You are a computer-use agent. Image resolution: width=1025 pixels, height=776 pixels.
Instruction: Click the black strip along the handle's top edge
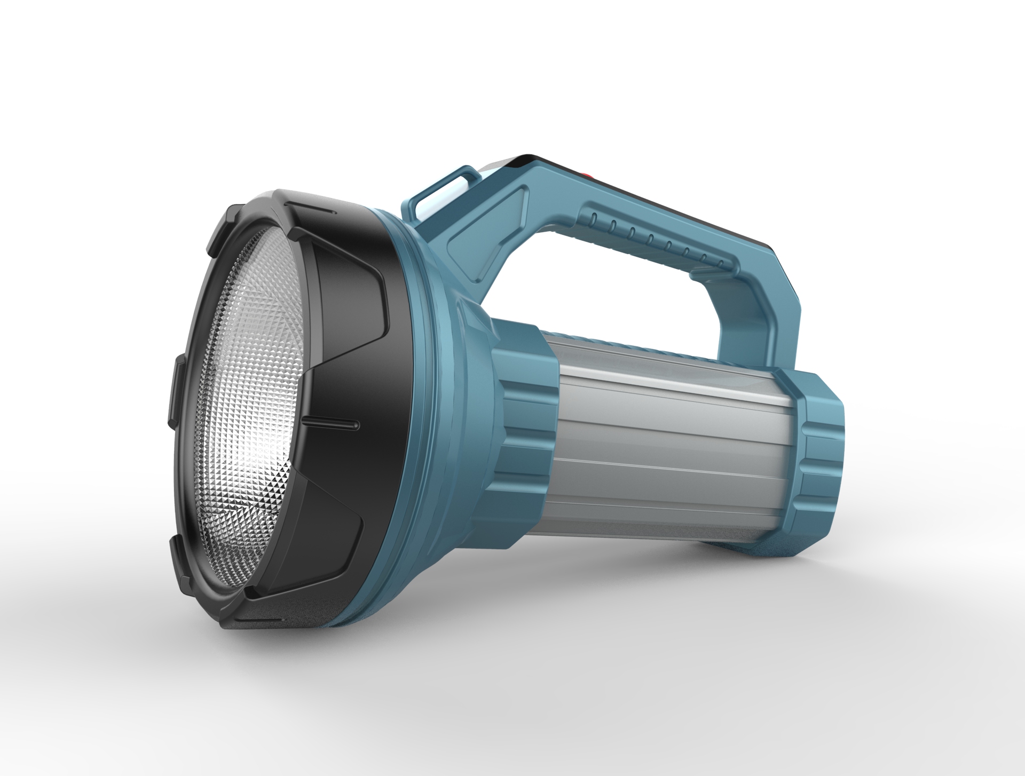[667, 203]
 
